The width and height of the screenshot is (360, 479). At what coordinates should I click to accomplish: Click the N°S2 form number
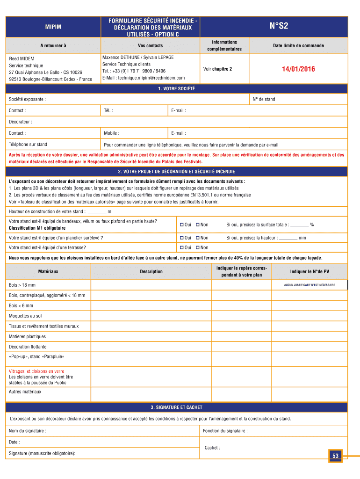(279, 27)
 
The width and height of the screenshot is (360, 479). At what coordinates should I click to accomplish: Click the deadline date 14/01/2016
(298, 69)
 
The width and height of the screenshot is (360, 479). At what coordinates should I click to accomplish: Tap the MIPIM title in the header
(53, 27)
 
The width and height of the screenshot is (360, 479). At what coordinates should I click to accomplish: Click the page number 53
(335, 456)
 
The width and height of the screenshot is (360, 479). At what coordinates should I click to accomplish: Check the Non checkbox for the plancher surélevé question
(198, 238)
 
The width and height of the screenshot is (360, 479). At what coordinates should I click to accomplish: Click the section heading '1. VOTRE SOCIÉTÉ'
(176, 88)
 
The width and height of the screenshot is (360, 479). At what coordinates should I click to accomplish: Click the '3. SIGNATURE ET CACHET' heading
(176, 407)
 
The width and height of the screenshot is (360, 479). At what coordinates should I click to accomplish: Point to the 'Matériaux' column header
(48, 271)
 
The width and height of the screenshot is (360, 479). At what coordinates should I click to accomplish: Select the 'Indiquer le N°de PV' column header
(310, 271)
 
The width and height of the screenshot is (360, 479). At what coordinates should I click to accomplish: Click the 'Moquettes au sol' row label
(25, 316)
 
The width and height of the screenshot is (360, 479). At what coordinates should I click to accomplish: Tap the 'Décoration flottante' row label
(28, 347)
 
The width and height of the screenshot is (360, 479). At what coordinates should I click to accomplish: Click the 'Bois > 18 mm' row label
(22, 285)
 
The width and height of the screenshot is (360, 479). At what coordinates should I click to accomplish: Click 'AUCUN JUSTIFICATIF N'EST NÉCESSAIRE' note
(309, 285)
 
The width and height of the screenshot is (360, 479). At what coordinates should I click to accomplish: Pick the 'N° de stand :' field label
(265, 99)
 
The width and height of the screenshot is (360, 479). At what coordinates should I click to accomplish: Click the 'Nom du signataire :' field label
(27, 430)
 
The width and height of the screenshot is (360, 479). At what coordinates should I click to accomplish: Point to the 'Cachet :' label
(212, 448)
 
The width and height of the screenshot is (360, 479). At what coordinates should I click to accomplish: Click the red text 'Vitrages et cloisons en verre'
(36, 371)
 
